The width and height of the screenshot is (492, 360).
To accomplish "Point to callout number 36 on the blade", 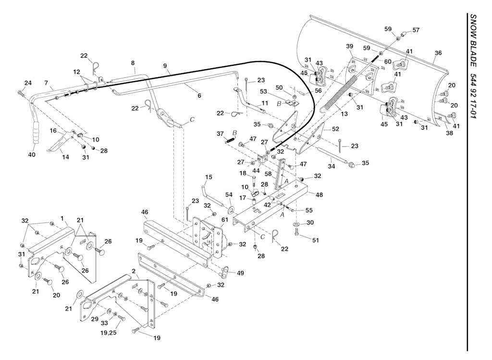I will pyautogui.click(x=438, y=53).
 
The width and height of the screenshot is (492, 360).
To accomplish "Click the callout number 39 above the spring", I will pyautogui.click(x=350, y=46).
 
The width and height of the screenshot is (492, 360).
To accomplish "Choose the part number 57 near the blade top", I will pyautogui.click(x=416, y=30).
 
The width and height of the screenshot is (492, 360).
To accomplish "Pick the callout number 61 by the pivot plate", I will pyautogui.click(x=224, y=220).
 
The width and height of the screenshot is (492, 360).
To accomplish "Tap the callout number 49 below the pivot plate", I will pyautogui.click(x=240, y=273).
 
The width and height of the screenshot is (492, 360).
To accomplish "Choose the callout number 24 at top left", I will pyautogui.click(x=28, y=83).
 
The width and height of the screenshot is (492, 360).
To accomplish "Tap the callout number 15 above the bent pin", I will pyautogui.click(x=208, y=177).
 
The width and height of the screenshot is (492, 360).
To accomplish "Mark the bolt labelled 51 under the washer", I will pyautogui.click(x=296, y=233).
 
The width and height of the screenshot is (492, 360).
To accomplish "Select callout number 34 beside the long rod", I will pyautogui.click(x=331, y=166).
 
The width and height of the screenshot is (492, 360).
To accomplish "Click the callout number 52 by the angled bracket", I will pyautogui.click(x=335, y=129).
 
